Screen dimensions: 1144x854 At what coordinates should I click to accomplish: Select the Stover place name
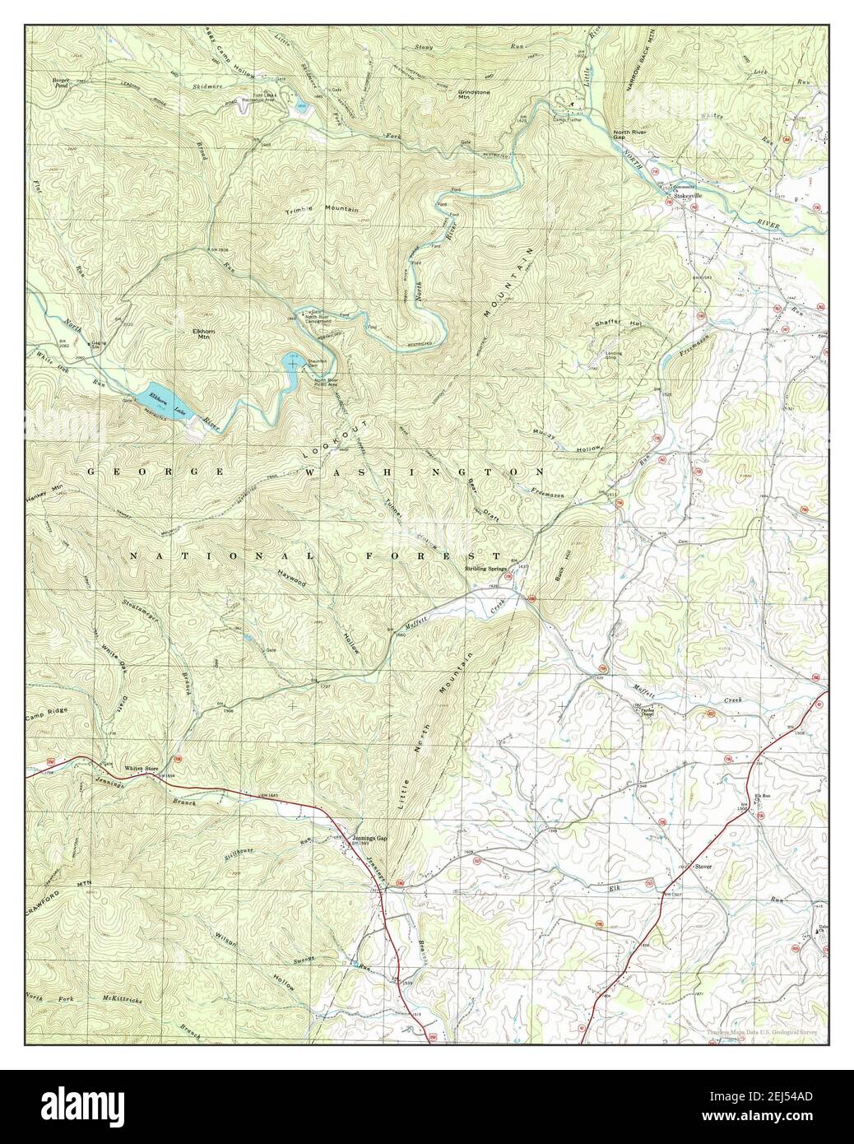click(x=702, y=867)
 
